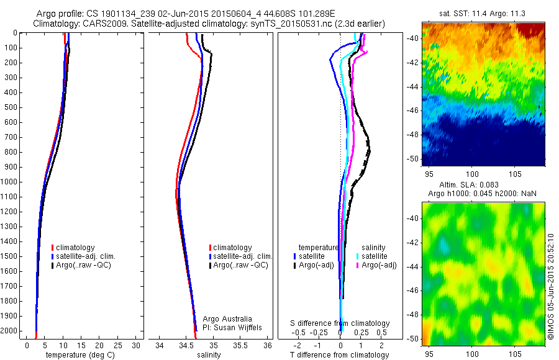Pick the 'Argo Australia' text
click(x=227, y=319)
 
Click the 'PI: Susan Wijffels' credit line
click(x=232, y=328)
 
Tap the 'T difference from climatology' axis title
click(x=340, y=355)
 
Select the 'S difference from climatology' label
click(x=340, y=323)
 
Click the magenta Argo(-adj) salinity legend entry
click(x=379, y=265)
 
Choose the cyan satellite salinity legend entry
click(x=375, y=256)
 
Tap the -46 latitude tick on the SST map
click(x=414, y=110)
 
